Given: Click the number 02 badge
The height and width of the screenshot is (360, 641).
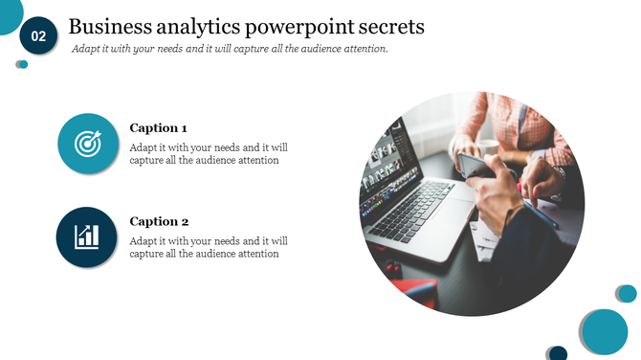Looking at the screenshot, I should point(38,36).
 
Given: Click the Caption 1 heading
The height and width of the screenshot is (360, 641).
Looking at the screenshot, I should point(158,127).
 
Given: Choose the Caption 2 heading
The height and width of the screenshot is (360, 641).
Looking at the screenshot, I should point(158,221).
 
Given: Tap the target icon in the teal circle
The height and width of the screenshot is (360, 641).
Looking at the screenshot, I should point(87,145).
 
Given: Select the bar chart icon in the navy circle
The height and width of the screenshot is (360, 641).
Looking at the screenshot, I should point(87,236).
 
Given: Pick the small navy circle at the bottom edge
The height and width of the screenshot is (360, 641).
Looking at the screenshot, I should point(557,353).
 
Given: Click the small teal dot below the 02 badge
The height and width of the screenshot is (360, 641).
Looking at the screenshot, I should point(22,64).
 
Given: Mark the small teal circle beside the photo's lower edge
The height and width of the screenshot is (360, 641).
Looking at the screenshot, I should point(626,293).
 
